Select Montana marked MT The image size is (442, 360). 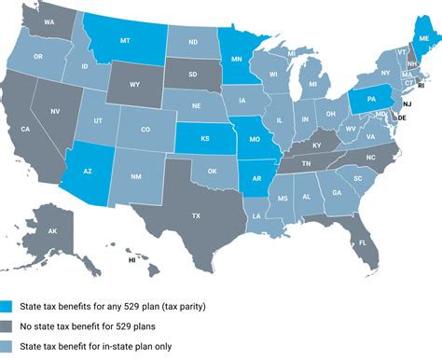pos(125,41)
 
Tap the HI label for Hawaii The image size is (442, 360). pos(132,261)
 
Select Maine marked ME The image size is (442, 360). pos(424,39)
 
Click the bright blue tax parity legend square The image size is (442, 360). pos(8,305)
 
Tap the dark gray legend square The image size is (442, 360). pos(8,326)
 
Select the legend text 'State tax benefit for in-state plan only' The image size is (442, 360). pos(102,347)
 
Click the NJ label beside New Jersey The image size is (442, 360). pos(407,104)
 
